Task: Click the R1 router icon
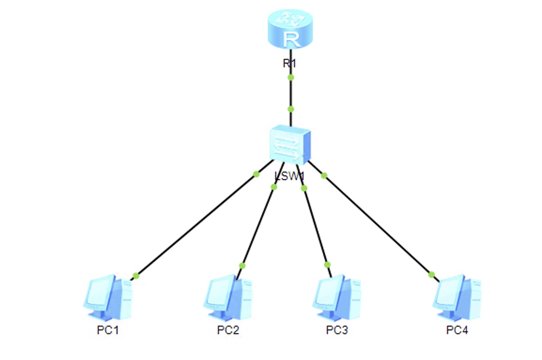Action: coord(291,31)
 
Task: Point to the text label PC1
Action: coord(108,330)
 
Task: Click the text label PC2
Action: coord(228,330)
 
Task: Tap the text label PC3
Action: coord(337,330)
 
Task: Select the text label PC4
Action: coord(457,330)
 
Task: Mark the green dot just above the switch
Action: coord(291,109)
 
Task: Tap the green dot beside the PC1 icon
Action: coord(136,275)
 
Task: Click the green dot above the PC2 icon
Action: coord(242,266)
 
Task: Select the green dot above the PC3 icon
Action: coord(327,265)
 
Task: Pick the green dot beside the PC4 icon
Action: coord(432,274)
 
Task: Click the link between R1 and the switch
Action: coord(291,93)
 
